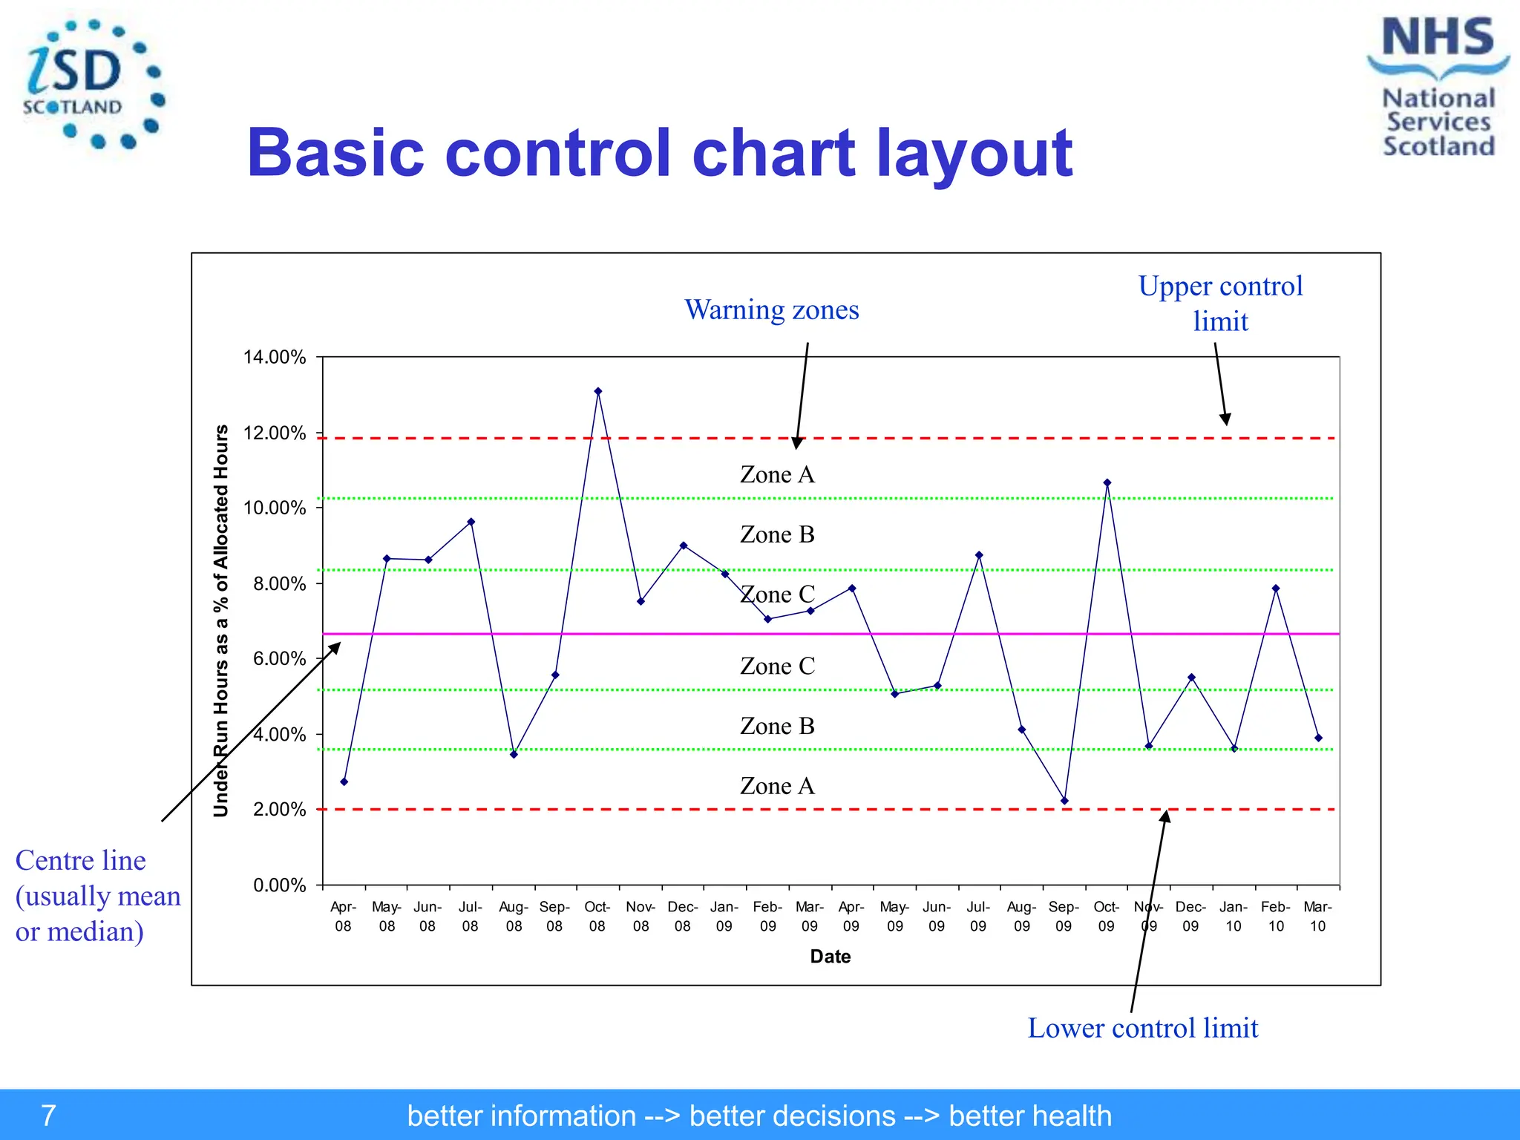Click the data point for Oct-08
point(598,391)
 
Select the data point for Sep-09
point(1064,801)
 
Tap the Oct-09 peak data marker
point(1107,483)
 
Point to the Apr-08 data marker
point(344,782)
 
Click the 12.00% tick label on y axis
point(274,433)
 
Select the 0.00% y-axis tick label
point(279,885)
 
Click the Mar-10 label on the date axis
point(1317,917)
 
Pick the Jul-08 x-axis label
point(470,917)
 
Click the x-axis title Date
point(830,957)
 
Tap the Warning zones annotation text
point(771,309)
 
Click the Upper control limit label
point(1220,304)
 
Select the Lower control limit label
point(1142,1028)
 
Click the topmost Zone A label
point(777,474)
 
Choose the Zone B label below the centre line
point(777,726)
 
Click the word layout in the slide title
point(974,153)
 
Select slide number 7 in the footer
point(48,1116)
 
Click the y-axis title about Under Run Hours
point(221,620)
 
